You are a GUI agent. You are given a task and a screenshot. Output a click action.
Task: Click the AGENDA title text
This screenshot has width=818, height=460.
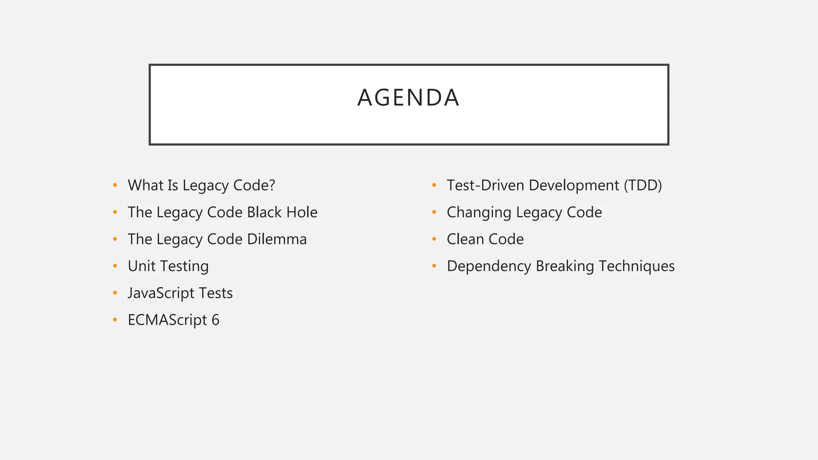[408, 98]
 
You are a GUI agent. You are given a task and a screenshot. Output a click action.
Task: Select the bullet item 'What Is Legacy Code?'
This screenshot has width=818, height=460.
[201, 185]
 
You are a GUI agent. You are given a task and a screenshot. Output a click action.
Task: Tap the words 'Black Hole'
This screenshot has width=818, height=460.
[282, 212]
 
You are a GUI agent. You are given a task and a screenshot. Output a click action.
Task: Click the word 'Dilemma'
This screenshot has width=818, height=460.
[276, 239]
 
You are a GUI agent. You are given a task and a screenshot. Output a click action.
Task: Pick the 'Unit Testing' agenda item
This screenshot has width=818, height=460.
[168, 266]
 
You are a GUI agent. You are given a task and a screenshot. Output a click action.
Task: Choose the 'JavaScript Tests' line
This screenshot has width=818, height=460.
[180, 293]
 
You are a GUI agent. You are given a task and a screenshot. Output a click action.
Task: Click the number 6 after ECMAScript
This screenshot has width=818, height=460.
[215, 320]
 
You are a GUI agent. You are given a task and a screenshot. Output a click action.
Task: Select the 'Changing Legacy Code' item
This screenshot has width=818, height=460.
[524, 212]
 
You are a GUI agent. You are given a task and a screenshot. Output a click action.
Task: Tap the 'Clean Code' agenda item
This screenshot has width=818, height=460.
[485, 239]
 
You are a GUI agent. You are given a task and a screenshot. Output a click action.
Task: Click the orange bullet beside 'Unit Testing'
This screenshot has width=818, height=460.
[115, 266]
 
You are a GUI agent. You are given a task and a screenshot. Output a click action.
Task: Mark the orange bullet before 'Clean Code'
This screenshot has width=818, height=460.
[434, 239]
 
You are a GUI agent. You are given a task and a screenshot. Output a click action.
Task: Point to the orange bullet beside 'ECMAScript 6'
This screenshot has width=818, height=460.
[115, 320]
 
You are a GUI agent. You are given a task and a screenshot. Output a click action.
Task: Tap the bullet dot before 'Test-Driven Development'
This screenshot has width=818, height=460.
[434, 185]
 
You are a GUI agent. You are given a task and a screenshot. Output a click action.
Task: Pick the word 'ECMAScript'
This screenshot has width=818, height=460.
[167, 320]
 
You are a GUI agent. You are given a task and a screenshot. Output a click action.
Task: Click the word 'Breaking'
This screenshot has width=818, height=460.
[565, 266]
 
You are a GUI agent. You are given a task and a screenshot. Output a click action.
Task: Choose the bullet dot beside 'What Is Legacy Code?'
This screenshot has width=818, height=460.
[115, 185]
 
